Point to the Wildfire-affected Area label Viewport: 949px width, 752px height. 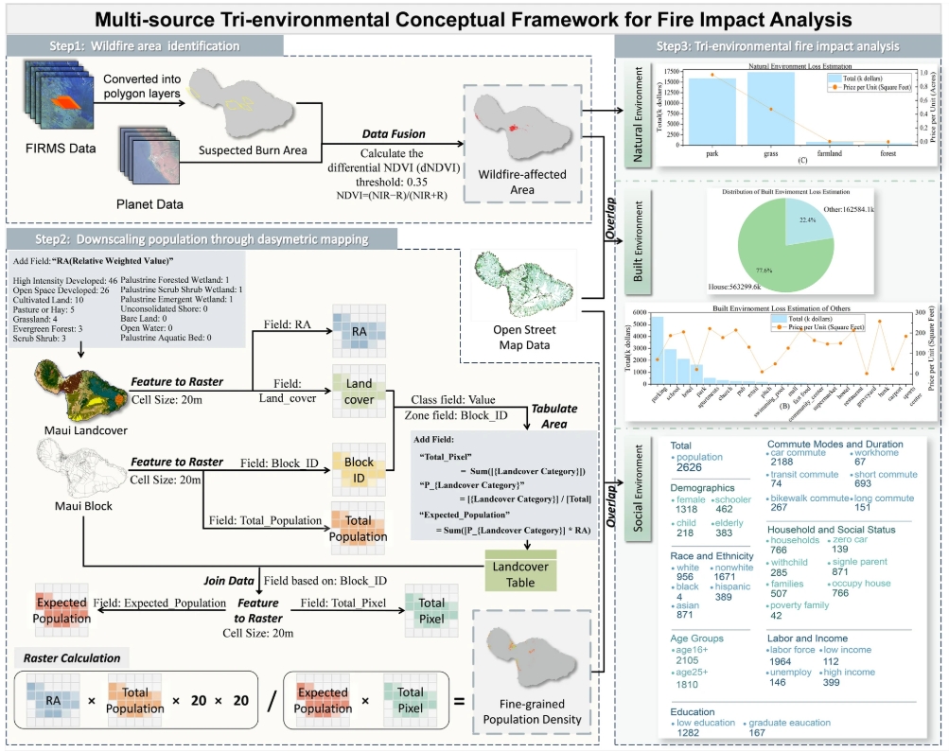tap(505, 183)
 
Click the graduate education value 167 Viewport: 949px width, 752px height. tap(757, 732)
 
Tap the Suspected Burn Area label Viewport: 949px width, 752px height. tap(243, 149)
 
